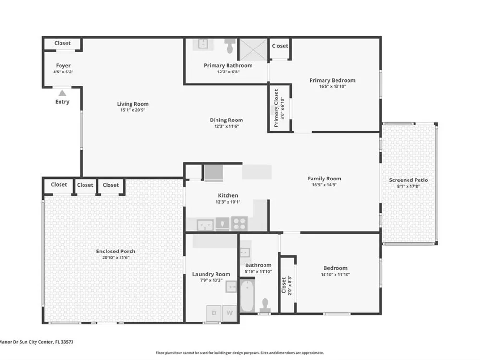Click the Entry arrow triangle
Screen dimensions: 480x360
coord(62,93)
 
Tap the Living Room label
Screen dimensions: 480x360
coord(132,104)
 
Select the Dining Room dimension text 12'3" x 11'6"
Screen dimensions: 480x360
coord(226,126)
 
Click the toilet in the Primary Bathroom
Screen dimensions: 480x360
coord(230,46)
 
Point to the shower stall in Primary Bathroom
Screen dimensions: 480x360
coord(253,49)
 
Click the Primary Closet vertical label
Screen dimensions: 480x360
coord(276,108)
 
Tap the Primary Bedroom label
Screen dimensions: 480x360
coord(332,80)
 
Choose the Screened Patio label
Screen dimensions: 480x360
coord(408,180)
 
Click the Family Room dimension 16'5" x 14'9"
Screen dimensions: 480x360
coord(324,185)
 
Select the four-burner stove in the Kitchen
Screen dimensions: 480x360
coord(240,224)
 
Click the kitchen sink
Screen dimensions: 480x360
coord(205,225)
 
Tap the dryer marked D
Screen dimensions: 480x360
coord(214,313)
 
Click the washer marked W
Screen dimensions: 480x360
coord(229,313)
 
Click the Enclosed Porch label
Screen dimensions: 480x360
coord(116,252)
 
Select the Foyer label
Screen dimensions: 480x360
coord(63,65)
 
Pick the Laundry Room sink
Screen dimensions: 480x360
coord(231,287)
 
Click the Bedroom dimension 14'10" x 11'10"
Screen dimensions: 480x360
coord(335,274)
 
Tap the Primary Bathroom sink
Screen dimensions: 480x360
coord(203,44)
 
